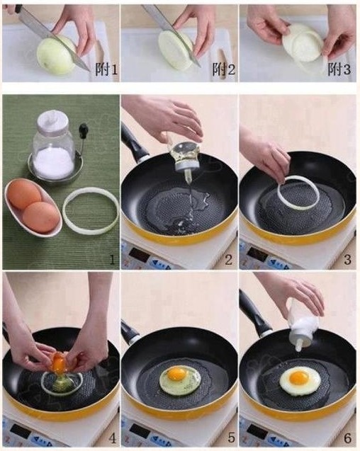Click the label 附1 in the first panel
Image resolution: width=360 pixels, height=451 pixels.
106,69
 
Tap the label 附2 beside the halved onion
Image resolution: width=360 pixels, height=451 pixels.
223,69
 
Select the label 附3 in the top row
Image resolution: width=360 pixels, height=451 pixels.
339,69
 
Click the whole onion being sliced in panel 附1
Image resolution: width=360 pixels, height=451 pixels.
57,55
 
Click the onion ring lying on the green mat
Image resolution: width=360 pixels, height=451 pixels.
91,211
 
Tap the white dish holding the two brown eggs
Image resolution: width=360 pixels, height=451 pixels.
33,207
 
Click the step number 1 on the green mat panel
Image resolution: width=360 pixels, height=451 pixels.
112,260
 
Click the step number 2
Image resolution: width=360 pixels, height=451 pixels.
228,260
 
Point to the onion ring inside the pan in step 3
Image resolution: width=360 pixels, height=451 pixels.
298,192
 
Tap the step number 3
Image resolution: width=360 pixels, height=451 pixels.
348,260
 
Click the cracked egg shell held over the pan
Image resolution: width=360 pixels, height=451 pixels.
59,362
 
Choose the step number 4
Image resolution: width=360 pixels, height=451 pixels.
112,438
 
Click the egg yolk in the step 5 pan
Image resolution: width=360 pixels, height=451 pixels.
177,375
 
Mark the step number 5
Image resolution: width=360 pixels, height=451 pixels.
232,438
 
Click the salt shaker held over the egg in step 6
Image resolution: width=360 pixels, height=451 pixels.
304,324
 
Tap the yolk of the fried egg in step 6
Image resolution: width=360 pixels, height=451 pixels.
299,377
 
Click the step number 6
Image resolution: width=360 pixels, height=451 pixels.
348,438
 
